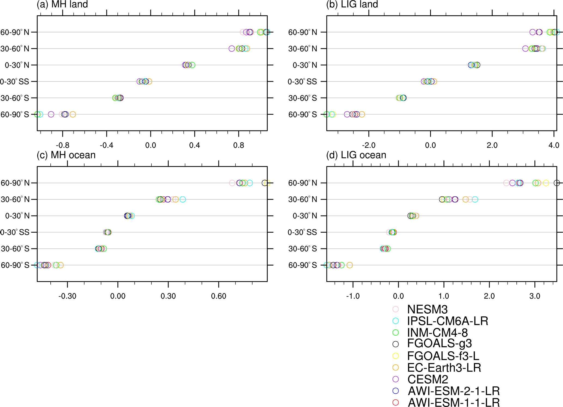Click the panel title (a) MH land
(x=62, y=4)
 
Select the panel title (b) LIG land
(x=352, y=4)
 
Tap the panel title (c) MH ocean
(x=66, y=155)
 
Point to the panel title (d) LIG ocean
(x=356, y=155)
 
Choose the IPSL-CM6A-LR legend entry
(x=448, y=321)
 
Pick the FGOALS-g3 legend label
(x=439, y=344)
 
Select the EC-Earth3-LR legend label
(x=444, y=367)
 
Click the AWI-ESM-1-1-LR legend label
(x=454, y=402)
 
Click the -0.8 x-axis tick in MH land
(x=62, y=145)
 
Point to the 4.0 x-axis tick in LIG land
(x=554, y=145)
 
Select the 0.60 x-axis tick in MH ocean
(x=218, y=296)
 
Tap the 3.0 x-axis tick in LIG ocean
(x=535, y=296)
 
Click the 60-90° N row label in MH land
(x=15, y=32)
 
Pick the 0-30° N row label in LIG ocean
(x=305, y=216)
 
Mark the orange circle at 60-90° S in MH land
(x=73, y=114)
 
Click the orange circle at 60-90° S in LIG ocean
(x=350, y=265)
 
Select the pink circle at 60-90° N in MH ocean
(x=232, y=183)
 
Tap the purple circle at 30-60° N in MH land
(x=232, y=49)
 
